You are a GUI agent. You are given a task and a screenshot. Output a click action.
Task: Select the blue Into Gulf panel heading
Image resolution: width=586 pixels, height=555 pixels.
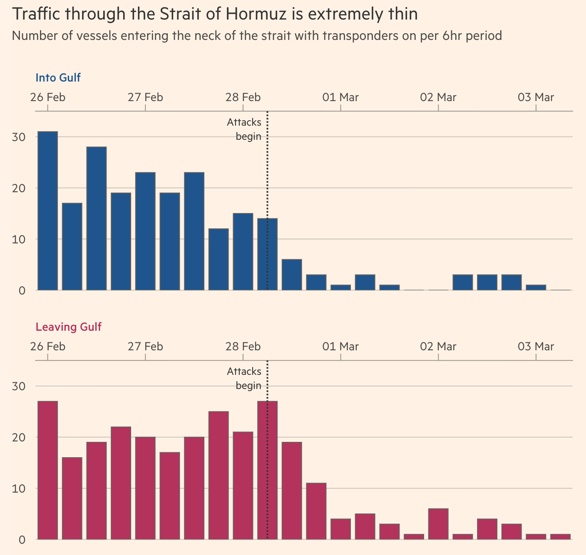pos(58,78)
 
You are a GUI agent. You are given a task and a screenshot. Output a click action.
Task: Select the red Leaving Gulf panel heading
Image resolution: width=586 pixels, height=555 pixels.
pos(69,327)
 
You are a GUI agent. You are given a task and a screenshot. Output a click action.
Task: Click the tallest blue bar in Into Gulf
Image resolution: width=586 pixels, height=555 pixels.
pos(47,211)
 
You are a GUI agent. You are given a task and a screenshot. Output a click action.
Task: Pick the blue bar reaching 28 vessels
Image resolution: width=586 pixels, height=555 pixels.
pos(97,218)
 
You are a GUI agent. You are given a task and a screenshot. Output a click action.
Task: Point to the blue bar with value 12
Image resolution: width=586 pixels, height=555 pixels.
pos(219,259)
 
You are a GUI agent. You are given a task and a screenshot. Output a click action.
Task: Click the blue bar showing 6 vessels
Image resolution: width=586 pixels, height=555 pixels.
pos(292,275)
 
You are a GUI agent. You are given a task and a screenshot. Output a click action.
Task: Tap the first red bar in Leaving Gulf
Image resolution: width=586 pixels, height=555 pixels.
pos(47,470)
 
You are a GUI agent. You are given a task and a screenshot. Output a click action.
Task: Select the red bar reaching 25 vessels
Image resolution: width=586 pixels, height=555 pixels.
pos(219,475)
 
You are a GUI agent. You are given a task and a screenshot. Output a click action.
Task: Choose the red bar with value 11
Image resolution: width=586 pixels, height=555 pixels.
pos(316,511)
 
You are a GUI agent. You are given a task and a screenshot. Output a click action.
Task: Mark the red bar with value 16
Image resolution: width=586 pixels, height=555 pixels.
pos(72,498)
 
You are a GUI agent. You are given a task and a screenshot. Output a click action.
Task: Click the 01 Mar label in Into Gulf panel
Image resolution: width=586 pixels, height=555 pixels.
pos(340,98)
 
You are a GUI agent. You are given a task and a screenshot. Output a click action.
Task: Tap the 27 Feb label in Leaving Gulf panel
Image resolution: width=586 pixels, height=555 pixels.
pos(145,347)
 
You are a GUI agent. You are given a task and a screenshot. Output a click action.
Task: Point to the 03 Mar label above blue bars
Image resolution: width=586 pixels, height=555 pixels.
pos(536,98)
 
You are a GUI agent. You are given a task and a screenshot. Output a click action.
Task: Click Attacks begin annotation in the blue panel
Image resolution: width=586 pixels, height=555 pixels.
pos(244,129)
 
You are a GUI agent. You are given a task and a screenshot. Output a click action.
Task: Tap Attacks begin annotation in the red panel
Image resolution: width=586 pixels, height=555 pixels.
pos(244,379)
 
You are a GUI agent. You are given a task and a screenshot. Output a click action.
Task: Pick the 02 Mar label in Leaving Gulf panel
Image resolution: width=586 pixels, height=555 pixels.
pos(438,347)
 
